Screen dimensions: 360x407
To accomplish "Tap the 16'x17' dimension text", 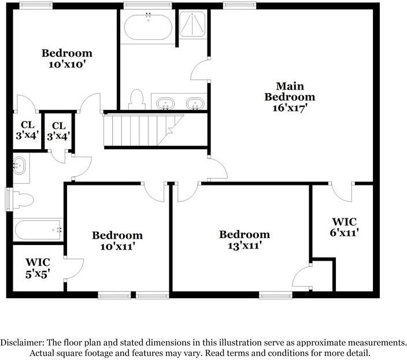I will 290,107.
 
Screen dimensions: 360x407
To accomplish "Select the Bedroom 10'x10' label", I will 66,59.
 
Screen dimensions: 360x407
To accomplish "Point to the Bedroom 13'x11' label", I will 244,240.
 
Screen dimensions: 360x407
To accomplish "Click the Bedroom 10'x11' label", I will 117,241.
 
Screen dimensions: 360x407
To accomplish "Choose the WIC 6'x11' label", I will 344,227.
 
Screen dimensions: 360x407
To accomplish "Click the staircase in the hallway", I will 142,129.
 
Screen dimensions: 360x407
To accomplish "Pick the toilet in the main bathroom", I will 137,99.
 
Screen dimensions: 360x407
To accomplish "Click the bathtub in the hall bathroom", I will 38,229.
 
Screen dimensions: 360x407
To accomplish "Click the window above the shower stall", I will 232,5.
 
